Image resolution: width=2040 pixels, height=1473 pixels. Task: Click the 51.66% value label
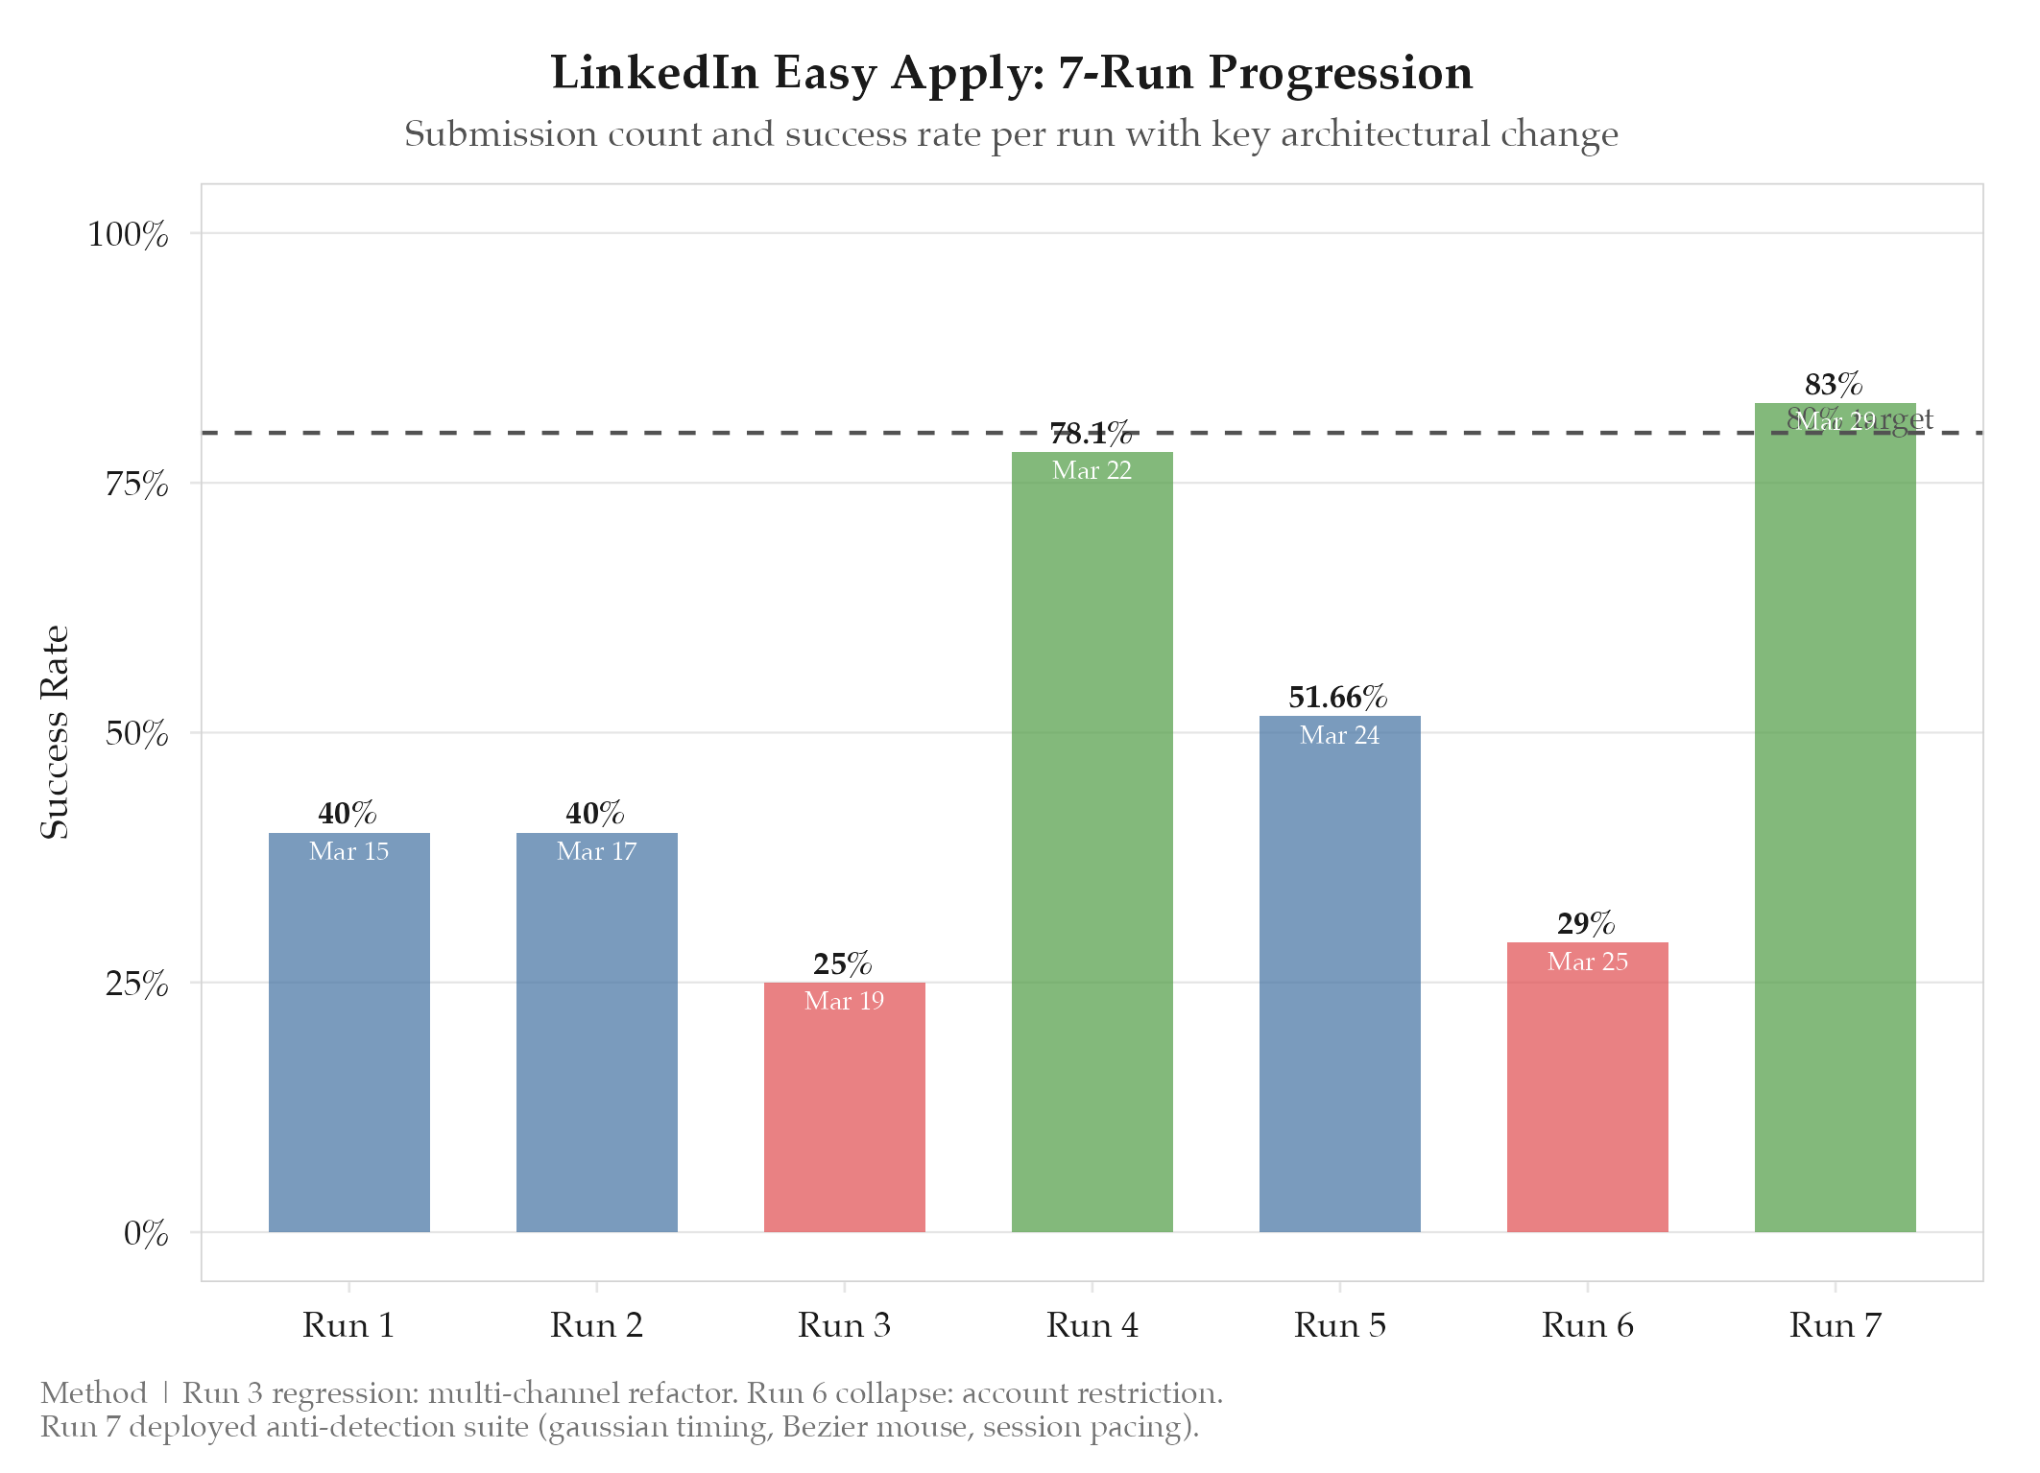click(x=1337, y=697)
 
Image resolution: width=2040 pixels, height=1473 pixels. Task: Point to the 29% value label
click(x=1586, y=923)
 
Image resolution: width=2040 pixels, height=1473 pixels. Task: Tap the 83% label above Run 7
click(x=1834, y=385)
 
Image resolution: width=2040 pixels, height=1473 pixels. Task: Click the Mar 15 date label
click(x=348, y=851)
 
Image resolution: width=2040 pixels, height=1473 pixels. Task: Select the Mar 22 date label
click(x=1092, y=470)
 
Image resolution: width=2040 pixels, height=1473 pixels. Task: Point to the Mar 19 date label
click(x=844, y=1001)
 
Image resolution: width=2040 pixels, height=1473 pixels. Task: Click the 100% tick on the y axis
click(x=128, y=234)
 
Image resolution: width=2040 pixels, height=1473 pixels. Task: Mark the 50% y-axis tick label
click(x=136, y=734)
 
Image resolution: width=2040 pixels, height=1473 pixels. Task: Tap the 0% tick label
click(x=146, y=1233)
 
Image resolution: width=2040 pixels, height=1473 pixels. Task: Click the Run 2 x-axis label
click(x=596, y=1325)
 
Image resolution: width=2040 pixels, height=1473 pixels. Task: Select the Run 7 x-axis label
click(x=1835, y=1325)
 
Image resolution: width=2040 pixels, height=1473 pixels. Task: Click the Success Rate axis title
click(x=55, y=732)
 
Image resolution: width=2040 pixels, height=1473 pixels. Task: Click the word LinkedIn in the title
click(x=655, y=73)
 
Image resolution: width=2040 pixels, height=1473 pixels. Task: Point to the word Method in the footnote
click(x=93, y=1392)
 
